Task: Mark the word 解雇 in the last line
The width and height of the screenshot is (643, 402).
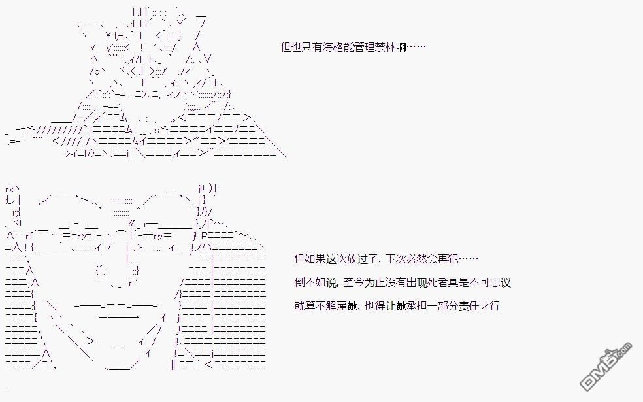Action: coord(337,306)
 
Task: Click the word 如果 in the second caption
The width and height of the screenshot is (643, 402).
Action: coord(316,259)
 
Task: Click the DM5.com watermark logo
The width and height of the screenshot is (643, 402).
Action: coord(606,366)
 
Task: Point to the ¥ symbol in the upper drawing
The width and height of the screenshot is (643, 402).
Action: coord(108,35)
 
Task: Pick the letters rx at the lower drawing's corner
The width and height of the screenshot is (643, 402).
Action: coord(10,189)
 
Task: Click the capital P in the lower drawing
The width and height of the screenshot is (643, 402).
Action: coord(205,235)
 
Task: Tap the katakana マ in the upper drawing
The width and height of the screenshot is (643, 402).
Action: coord(93,47)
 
